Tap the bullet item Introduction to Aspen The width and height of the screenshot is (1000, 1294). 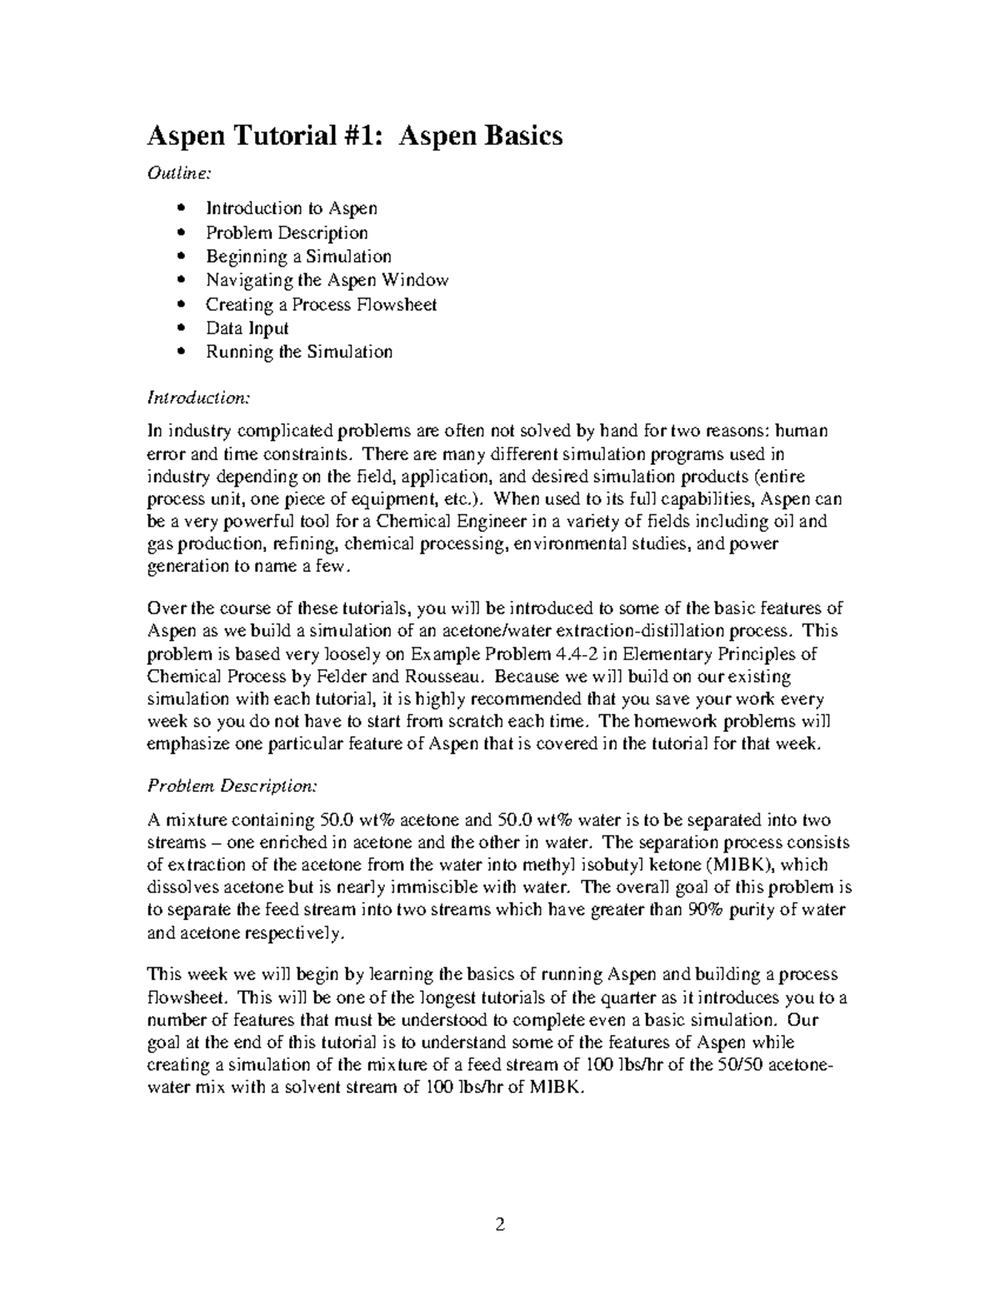click(291, 208)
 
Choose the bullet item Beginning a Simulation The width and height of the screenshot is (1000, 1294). click(298, 257)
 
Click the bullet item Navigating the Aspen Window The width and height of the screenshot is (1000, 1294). click(327, 280)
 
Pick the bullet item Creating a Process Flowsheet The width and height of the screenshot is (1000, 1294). click(321, 304)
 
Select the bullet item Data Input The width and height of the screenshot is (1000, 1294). click(247, 328)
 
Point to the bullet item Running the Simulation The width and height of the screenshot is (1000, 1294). click(298, 352)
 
